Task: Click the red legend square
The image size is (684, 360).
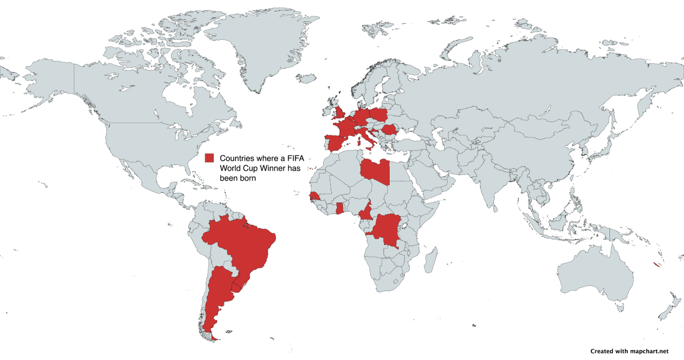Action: point(209,158)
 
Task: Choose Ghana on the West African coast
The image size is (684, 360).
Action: point(340,208)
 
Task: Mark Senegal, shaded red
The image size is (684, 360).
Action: point(314,196)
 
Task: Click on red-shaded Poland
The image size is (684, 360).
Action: point(378,115)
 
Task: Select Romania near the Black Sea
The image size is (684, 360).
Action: point(389,130)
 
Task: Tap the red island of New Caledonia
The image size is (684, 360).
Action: point(656,265)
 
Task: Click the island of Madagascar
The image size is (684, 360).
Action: point(430,261)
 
